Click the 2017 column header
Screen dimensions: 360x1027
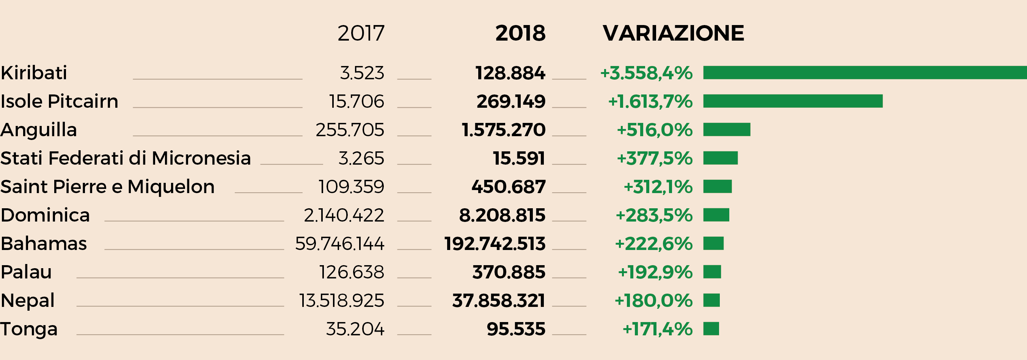pos(361,33)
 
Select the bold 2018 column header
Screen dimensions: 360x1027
pos(520,33)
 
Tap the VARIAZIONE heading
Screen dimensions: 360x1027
pos(673,33)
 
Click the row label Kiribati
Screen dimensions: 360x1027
pos(34,73)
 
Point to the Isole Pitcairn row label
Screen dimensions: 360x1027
pos(60,101)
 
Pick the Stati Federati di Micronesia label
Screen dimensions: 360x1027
pos(126,158)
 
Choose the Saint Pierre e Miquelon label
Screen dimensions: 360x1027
pos(108,187)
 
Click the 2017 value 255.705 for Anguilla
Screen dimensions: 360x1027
pos(350,130)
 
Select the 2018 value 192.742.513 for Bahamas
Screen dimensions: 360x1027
pos(495,244)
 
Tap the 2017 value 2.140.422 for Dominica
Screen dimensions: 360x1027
pos(344,215)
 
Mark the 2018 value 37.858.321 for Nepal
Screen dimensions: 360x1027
pos(498,300)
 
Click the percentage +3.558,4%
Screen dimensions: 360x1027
pos(646,73)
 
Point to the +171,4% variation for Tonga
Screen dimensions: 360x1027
pos(657,329)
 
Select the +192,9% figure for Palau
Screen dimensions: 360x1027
pos(655,272)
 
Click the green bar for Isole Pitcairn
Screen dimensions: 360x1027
pos(793,101)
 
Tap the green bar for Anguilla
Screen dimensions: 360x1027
pos(726,130)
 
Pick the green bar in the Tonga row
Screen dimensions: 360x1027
pos(711,329)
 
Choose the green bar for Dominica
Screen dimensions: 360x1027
pos(716,215)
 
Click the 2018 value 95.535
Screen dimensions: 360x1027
pos(516,329)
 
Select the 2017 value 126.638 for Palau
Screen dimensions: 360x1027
pos(352,272)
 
